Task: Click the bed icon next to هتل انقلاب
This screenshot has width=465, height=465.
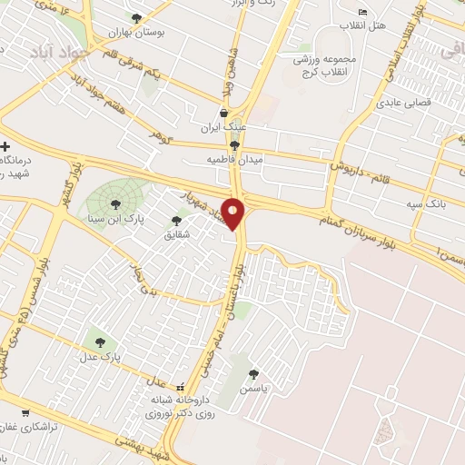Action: pyautogui.click(x=362, y=12)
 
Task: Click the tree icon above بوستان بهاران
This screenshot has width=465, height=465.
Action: pyautogui.click(x=136, y=17)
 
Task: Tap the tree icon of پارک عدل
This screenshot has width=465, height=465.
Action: pyautogui.click(x=100, y=342)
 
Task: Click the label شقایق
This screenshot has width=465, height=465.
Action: pyautogui.click(x=176, y=232)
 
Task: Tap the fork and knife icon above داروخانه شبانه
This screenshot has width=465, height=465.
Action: pyautogui.click(x=180, y=385)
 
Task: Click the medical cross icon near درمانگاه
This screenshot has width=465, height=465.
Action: pyautogui.click(x=5, y=146)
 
